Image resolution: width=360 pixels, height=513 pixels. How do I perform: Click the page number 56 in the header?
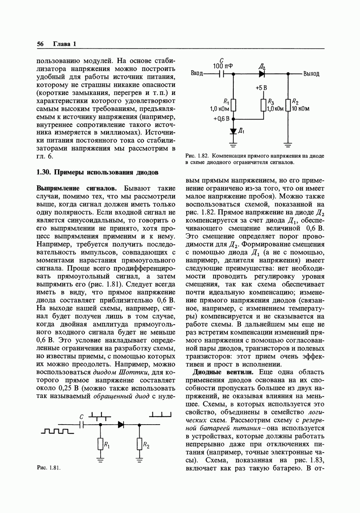(40, 44)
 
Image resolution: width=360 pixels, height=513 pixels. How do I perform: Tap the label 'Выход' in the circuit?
(311, 74)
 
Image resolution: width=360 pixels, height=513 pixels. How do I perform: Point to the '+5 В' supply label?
(262, 87)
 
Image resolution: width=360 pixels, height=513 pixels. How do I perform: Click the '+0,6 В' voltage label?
(222, 118)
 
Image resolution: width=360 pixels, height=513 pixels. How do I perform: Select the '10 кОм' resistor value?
(301, 109)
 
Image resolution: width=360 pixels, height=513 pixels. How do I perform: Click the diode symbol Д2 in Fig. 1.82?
(262, 73)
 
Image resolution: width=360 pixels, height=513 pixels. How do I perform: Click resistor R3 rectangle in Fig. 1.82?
(263, 105)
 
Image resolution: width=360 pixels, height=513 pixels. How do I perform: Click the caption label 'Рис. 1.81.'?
(49, 468)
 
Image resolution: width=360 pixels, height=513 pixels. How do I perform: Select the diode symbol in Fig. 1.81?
(121, 425)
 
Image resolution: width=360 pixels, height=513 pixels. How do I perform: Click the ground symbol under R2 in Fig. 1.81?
(139, 459)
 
